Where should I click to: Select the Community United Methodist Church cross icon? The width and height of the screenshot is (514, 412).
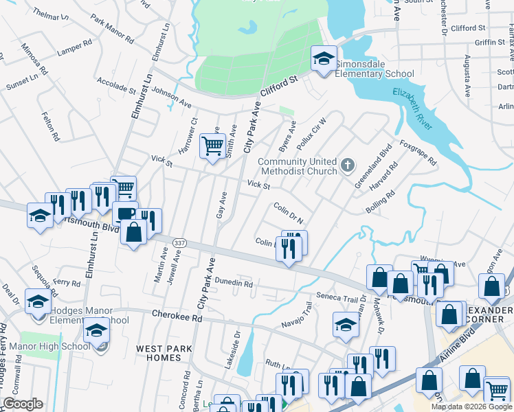tap(348, 165)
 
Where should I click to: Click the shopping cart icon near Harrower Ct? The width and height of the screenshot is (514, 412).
tap(213, 146)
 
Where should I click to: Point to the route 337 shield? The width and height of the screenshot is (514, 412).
tap(178, 242)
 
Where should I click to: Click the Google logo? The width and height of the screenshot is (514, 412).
tap(23, 404)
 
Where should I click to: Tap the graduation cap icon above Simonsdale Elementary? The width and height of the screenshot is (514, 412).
tap(323, 58)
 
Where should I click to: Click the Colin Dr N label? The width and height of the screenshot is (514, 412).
tap(289, 212)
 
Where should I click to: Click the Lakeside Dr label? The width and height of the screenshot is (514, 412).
tap(237, 351)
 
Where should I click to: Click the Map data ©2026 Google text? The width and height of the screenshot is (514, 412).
tap(471, 407)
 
